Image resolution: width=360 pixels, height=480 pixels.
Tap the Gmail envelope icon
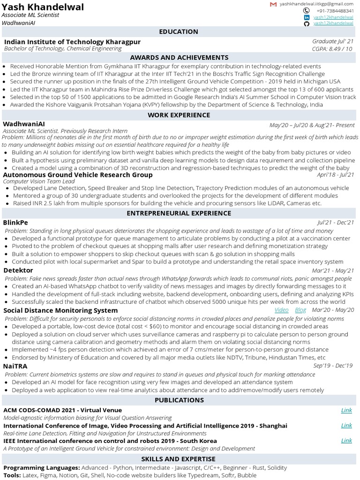pos(273,4)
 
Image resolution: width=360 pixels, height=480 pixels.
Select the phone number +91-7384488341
pos(335,10)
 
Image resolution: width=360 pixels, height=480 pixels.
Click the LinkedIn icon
pos(307,17)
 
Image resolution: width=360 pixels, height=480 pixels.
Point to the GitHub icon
pos(307,23)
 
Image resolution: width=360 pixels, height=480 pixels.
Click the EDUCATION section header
pos(179,31)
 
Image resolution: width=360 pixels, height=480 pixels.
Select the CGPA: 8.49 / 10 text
pos(333,48)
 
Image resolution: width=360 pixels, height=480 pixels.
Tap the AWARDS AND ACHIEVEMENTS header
pos(179,57)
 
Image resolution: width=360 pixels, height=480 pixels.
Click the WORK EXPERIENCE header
pos(179,115)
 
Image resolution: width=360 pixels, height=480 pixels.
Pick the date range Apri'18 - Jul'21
pos(335,175)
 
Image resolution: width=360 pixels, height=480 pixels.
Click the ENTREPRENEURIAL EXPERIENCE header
pos(179,213)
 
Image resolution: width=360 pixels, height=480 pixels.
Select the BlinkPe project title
pos(15,222)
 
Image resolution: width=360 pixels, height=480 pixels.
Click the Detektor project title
pos(18,270)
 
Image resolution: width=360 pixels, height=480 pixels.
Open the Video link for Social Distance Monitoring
pos(281,310)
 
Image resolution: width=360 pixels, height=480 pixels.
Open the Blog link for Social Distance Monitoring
pos(300,310)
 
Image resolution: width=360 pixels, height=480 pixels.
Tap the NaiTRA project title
pos(15,366)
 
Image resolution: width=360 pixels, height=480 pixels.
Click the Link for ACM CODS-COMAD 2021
pos(346,410)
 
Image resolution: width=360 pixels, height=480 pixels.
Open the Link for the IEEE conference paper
pos(346,440)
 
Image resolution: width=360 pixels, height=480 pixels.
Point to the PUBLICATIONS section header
pos(179,400)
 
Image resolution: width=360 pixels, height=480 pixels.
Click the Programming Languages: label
pos(42,468)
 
